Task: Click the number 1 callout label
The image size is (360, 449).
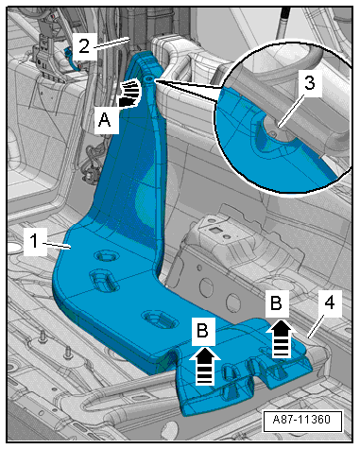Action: click(x=34, y=242)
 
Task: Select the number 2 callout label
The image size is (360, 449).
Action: click(x=84, y=46)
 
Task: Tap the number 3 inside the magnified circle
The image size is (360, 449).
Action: click(x=309, y=83)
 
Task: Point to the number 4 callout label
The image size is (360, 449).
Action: click(x=329, y=303)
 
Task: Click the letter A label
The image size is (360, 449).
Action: click(x=105, y=120)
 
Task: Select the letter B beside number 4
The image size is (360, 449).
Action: click(x=276, y=303)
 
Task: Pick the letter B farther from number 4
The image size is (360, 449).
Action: click(x=202, y=331)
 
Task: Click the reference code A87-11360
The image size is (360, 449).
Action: click(x=302, y=420)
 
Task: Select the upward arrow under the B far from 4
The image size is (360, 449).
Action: click(x=205, y=366)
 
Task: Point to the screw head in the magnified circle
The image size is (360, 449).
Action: click(x=274, y=132)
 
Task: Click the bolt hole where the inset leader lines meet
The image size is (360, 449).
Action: click(x=149, y=78)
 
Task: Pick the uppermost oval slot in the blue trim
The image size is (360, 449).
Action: click(x=107, y=256)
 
